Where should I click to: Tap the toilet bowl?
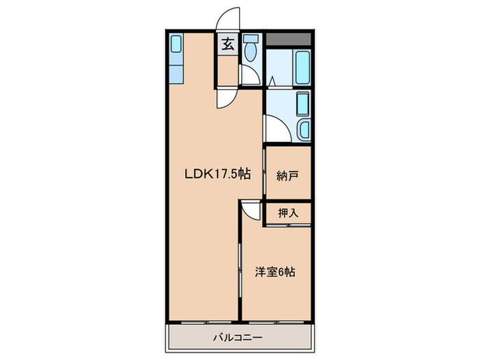[252, 52]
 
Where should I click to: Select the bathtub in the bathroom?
[302, 67]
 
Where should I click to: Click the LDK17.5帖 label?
[217, 174]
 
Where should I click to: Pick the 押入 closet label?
[288, 213]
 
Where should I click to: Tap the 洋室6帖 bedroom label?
[276, 272]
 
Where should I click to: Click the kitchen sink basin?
[175, 47]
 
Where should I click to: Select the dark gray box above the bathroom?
[289, 39]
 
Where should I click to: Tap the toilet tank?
[251, 38]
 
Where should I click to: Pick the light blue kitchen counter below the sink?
[175, 72]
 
